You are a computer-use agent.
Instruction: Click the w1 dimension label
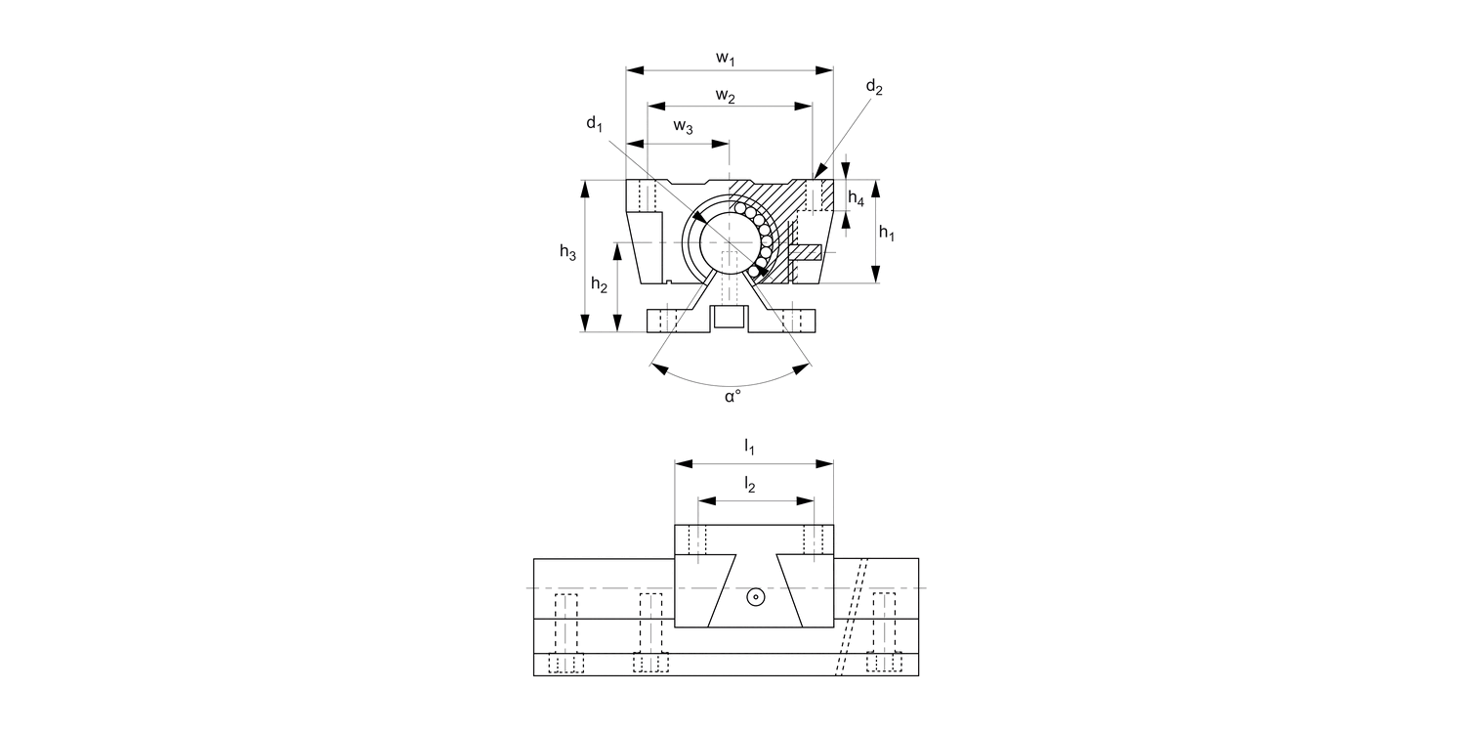pos(725,59)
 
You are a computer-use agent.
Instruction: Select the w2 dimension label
pos(725,96)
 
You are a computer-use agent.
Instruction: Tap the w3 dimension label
pos(685,127)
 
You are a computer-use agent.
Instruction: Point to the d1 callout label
pos(595,123)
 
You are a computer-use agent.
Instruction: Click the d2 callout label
pos(874,89)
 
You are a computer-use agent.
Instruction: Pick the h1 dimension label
pos(887,233)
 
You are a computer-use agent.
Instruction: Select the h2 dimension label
pos(599,284)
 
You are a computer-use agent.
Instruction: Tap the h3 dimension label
pos(567,252)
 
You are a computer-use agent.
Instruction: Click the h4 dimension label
pos(856,198)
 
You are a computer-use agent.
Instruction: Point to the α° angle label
pos(732,397)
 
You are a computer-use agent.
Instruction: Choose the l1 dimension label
pos(749,448)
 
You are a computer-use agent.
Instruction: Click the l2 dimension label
pos(749,484)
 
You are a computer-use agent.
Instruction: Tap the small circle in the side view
pos(755,597)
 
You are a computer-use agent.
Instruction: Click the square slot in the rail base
pos(730,318)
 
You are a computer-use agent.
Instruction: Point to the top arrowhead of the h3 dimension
pos(585,187)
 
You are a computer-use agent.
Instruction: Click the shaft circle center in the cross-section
pos(729,240)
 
